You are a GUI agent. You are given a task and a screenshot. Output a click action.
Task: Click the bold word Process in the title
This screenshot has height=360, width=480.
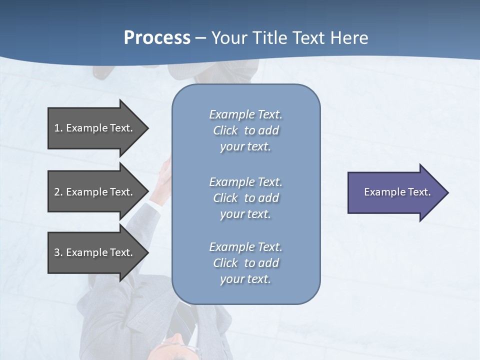coord(157,38)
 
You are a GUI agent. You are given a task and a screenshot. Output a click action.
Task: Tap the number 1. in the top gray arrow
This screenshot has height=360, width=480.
coord(58,128)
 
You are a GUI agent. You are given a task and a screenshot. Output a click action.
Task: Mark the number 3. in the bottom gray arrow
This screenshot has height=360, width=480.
coord(58,253)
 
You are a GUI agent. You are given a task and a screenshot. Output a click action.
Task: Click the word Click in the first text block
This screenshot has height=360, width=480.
coord(225,131)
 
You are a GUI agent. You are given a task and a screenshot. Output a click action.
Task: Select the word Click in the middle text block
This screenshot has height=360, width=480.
coord(225,198)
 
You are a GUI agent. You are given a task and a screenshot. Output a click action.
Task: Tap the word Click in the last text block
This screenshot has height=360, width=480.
coord(225,263)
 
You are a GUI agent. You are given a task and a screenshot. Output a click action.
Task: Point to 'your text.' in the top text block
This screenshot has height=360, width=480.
coord(245,147)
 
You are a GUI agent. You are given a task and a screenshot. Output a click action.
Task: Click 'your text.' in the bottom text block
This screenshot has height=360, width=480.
coord(245,279)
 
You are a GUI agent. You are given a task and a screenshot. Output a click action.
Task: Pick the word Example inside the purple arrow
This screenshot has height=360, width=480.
coord(381,192)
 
